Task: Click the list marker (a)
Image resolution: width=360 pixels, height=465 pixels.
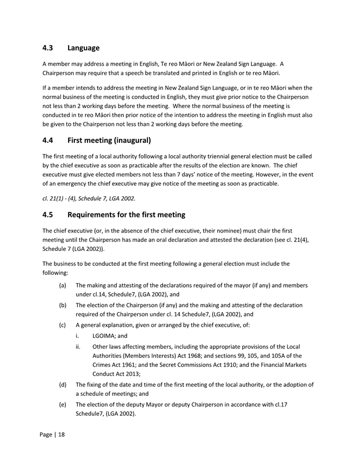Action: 64,285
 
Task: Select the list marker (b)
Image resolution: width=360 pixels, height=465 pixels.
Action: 64,305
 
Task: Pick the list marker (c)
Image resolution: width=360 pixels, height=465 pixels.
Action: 64,325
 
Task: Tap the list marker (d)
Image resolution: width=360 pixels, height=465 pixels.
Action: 64,385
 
